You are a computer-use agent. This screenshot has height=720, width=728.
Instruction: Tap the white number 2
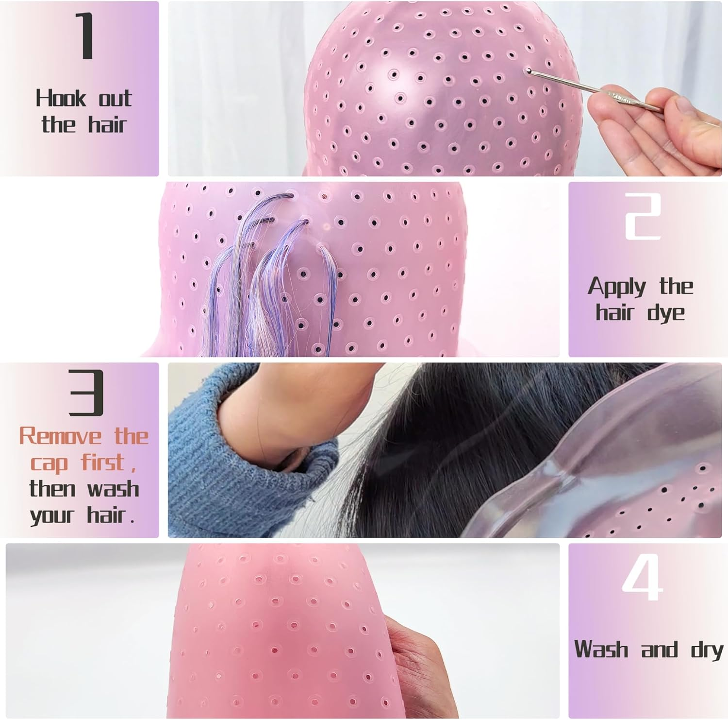642,216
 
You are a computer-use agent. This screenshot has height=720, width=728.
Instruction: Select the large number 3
86,392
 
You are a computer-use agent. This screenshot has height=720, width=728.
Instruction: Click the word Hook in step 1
60,98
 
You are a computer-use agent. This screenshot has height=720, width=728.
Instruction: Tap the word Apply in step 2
617,287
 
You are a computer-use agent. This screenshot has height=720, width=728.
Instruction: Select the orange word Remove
60,436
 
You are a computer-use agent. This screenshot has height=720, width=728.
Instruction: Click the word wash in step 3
113,489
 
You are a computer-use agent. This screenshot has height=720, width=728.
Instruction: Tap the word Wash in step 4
601,650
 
